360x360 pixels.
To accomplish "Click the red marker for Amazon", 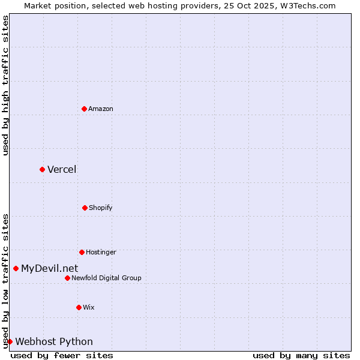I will click(84, 109).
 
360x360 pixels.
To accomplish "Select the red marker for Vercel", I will click(42, 169).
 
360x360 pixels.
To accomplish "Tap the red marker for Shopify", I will click(85, 208).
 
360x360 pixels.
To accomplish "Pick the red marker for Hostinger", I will click(82, 252).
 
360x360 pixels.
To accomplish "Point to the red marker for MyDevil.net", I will click(16, 268).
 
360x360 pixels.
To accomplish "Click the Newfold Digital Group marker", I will click(67, 278).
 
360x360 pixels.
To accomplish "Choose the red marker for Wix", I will click(79, 307).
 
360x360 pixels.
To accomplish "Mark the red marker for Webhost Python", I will click(10, 341).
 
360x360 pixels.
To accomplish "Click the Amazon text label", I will click(101, 109).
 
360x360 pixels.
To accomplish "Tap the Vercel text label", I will click(62, 169).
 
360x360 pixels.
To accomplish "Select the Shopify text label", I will click(101, 208).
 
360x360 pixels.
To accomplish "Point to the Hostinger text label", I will click(101, 252).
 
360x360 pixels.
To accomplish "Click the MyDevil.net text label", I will click(49, 268).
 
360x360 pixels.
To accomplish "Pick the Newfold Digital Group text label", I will click(106, 278).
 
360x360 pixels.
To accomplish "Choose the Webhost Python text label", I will click(54, 341).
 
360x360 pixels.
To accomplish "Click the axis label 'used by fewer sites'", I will click(62, 355).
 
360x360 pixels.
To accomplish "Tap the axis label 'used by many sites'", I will click(301, 355).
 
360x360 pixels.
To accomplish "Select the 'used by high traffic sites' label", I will click(5, 85).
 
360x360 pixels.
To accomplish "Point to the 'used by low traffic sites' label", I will click(5, 280).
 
